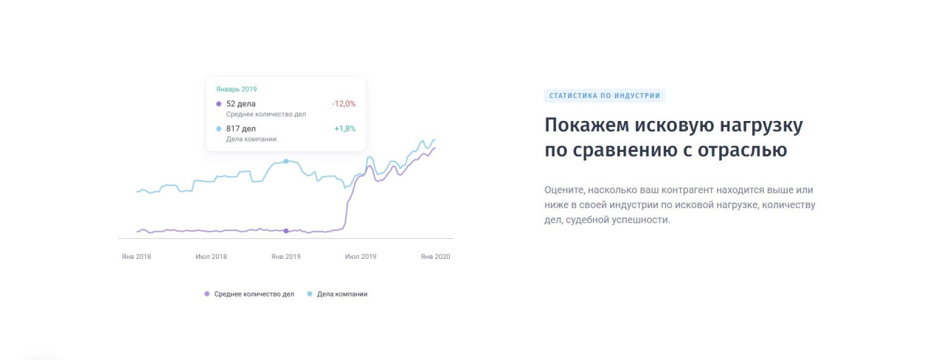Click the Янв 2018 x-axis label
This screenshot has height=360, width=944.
[x=136, y=256]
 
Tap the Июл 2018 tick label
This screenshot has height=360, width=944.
[x=211, y=256]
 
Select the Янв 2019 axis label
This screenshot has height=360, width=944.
[x=285, y=256]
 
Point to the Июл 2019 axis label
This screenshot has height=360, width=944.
[x=361, y=256]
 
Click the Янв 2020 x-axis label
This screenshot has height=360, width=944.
[x=435, y=256]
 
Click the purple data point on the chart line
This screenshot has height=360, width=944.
[x=285, y=231]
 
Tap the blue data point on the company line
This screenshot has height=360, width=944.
[x=285, y=161]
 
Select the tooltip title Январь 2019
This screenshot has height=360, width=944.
[x=237, y=89]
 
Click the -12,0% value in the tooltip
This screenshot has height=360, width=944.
[x=344, y=104]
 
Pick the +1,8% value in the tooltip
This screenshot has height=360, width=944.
[x=344, y=128]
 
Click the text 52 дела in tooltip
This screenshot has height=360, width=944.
[x=240, y=104]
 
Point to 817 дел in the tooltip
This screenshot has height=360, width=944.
[x=240, y=128]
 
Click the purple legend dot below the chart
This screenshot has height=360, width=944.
[x=206, y=294]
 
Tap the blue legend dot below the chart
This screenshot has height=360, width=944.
[x=309, y=294]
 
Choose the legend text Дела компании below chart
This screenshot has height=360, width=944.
[x=342, y=294]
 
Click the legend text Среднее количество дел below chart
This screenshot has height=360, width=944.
[x=254, y=294]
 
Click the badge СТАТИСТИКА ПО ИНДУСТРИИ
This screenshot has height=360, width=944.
[x=604, y=96]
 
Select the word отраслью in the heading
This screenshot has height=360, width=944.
[x=742, y=150]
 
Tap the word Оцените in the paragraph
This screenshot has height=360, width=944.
[x=563, y=190]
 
